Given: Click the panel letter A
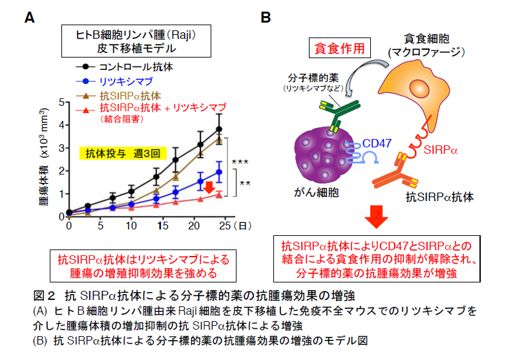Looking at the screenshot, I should coord(29,19).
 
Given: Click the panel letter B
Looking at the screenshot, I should coord(266,19).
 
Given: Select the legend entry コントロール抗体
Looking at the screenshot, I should coord(136,67).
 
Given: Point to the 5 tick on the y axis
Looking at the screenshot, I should coord(62,101).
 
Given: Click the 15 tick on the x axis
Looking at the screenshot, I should coord(161,226).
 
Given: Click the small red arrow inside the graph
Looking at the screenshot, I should coord(208,187).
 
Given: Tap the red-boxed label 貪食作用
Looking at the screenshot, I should coord(339,48).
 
